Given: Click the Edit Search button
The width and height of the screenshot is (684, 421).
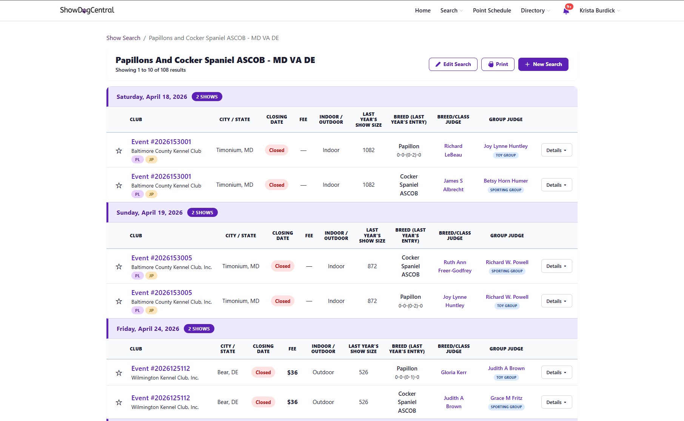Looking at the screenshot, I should point(453,64).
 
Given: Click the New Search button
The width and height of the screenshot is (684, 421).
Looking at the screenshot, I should point(543,64).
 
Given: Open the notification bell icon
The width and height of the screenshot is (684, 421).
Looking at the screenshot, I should point(566,11).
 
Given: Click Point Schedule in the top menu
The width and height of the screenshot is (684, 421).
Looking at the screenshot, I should point(491,11).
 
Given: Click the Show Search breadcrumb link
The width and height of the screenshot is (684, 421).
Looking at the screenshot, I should point(123,38).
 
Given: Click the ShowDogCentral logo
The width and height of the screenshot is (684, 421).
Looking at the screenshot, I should point(87,10).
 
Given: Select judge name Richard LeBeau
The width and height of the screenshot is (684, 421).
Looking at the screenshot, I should point(453,150).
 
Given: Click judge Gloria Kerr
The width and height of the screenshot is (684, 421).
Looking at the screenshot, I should point(453,372).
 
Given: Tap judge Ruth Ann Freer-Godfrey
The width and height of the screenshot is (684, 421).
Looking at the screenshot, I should point(454,266).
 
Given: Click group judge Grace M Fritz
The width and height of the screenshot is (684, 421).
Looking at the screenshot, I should point(506,398).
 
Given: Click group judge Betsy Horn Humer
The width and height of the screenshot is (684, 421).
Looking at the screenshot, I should point(505,181).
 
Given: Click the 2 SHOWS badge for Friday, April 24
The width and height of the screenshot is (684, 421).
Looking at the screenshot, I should point(199,329).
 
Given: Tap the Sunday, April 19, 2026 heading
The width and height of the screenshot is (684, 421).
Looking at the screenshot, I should point(149,212).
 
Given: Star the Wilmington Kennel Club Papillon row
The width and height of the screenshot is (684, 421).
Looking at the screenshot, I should point(119,373).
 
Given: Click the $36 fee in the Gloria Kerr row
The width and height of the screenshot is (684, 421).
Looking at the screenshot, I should point(292,372).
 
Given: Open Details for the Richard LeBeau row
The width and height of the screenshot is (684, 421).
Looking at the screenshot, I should point(556,150).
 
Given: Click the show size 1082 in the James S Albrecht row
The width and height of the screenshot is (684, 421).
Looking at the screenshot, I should point(368,185).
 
